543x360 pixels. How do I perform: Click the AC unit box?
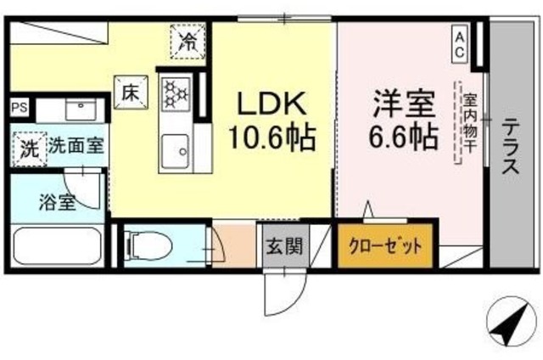[459, 43]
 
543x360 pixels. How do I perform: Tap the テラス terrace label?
[511, 145]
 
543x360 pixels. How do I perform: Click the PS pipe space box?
[19, 108]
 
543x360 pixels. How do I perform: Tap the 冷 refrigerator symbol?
[185, 41]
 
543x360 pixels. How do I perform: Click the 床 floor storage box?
[129, 90]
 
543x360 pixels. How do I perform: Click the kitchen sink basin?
[178, 151]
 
